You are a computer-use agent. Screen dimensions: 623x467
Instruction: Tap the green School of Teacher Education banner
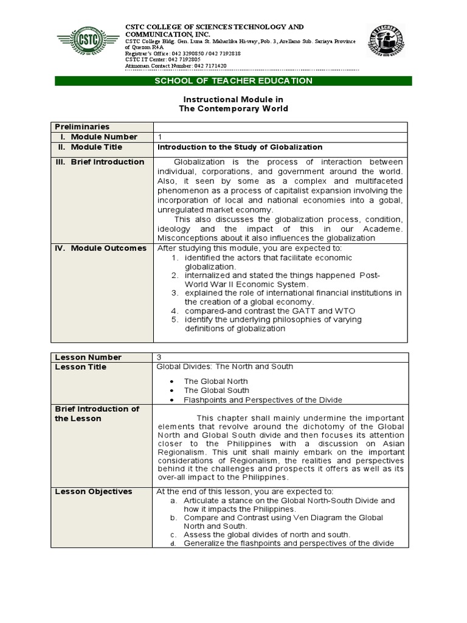tap(233, 81)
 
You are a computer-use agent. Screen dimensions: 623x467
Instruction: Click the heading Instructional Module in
tap(233, 99)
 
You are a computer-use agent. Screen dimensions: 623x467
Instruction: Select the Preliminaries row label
tap(82, 127)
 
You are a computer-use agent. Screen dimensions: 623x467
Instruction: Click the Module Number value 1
tap(160, 137)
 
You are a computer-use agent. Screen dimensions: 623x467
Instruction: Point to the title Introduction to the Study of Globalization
tap(240, 147)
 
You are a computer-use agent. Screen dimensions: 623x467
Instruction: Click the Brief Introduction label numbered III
tap(100, 162)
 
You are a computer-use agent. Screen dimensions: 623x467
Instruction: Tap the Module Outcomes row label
tap(102, 248)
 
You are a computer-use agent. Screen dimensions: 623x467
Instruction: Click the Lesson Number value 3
tap(160, 357)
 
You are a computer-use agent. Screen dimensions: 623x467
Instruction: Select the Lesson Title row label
tap(80, 367)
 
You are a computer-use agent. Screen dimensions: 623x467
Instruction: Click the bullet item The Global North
tap(216, 381)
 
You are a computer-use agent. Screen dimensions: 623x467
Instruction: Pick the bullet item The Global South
tap(216, 391)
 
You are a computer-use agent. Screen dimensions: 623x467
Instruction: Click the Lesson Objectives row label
tap(93, 492)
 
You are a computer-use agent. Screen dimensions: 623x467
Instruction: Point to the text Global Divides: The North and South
tap(225, 366)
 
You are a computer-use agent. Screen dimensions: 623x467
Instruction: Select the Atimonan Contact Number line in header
tap(176, 66)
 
